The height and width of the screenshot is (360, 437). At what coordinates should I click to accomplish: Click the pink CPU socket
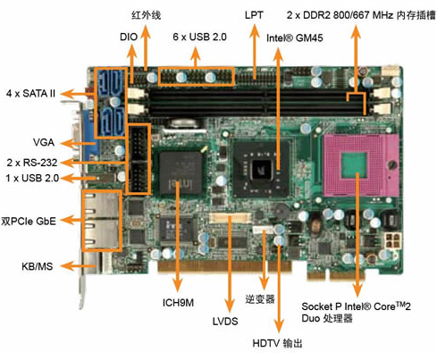pyautogui.click(x=361, y=165)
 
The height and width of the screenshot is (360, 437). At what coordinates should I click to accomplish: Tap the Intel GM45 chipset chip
pyautogui.click(x=261, y=169)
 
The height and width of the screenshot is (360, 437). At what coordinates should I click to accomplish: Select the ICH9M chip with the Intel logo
pyautogui.click(x=180, y=172)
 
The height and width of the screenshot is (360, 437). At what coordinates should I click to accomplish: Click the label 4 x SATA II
pyautogui.click(x=30, y=94)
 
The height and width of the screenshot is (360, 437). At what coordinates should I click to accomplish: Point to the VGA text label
pyautogui.click(x=44, y=142)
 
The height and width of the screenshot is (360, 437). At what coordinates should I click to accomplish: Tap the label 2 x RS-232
pyautogui.click(x=32, y=163)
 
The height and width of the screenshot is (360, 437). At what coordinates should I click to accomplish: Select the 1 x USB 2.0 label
pyautogui.click(x=32, y=178)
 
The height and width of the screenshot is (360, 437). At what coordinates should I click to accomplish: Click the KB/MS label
pyautogui.click(x=38, y=266)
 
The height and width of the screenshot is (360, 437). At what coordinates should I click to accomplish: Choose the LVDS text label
pyautogui.click(x=225, y=322)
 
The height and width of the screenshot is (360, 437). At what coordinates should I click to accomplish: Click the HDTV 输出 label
pyautogui.click(x=277, y=343)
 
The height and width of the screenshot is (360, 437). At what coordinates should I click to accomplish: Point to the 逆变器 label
pyautogui.click(x=260, y=299)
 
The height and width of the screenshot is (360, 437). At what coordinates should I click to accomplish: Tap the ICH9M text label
pyautogui.click(x=178, y=303)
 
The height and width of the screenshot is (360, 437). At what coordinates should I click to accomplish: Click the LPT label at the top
pyautogui.click(x=254, y=15)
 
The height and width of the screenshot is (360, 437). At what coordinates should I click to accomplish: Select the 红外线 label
pyautogui.click(x=146, y=15)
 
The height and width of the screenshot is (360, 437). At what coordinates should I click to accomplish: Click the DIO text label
pyautogui.click(x=129, y=37)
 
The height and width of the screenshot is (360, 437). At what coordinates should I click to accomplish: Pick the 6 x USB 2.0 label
pyautogui.click(x=199, y=37)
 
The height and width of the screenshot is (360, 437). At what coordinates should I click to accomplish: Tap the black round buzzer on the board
pyautogui.click(x=282, y=211)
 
